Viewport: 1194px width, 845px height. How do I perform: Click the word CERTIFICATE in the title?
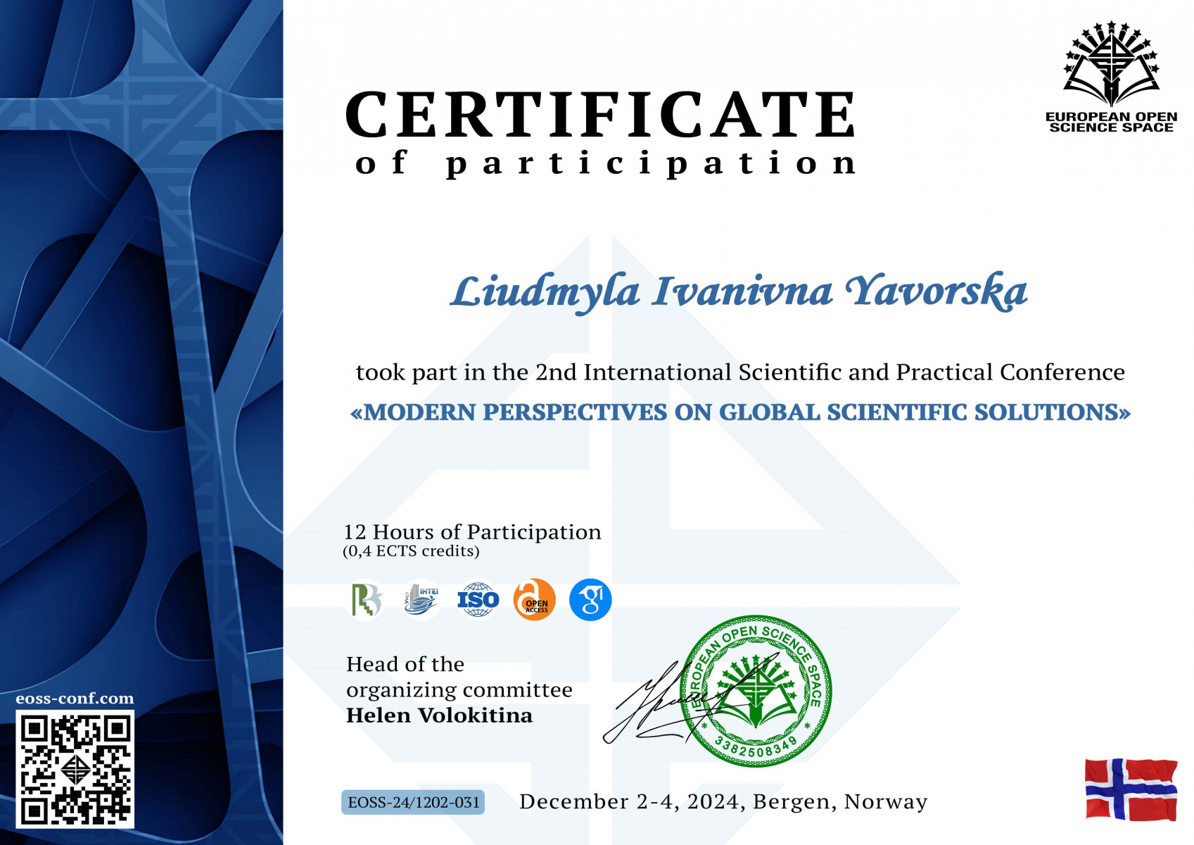pos(601,114)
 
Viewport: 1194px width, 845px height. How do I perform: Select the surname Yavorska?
pos(936,292)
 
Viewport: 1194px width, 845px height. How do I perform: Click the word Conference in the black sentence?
pos(1062,373)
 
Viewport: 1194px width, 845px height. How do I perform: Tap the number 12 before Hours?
pos(355,532)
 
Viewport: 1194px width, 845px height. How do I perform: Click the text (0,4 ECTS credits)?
pos(411,551)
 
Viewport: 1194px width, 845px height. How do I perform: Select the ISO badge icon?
pos(478,600)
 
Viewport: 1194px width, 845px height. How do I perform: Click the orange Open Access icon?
pos(534,600)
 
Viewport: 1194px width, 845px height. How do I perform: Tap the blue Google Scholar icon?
pos(590,600)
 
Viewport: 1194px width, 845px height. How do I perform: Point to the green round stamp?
pos(756,691)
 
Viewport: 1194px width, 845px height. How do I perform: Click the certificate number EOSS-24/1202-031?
pos(413,802)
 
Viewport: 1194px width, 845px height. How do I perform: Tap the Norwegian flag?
pos(1131,789)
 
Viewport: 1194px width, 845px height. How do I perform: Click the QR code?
pos(75,769)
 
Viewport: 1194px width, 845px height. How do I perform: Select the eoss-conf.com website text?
pos(75,699)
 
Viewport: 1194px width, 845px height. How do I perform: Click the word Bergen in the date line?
pos(793,802)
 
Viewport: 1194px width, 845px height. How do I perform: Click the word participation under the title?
pos(651,163)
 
